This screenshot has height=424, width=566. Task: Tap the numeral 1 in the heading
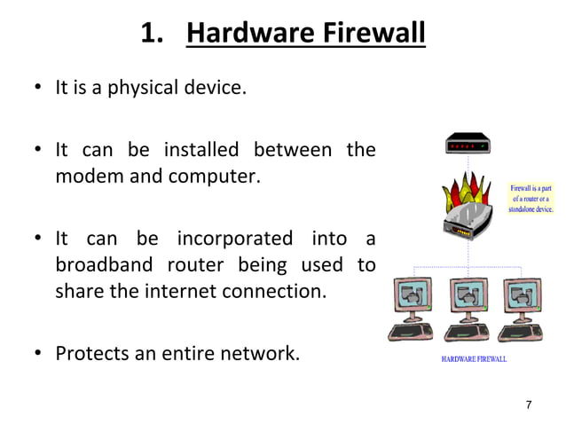click(x=150, y=36)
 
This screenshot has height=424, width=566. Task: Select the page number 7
click(x=529, y=404)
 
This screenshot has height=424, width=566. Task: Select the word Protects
click(x=93, y=354)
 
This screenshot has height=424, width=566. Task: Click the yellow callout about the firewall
click(x=531, y=200)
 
